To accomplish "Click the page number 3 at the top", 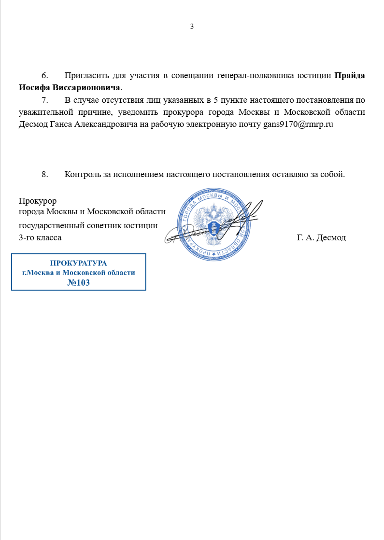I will pos(192,27).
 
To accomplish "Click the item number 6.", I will pos(45,76).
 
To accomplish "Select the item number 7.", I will pos(45,100).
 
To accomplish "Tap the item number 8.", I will pos(45,174).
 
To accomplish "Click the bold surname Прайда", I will pos(350,76).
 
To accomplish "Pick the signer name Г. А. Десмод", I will pos(321,237).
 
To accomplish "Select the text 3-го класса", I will pos(40,237).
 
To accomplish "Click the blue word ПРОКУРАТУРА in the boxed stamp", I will pos(79,263).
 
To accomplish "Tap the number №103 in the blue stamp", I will pos(79,283).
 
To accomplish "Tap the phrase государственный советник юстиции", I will pos(88,225).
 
